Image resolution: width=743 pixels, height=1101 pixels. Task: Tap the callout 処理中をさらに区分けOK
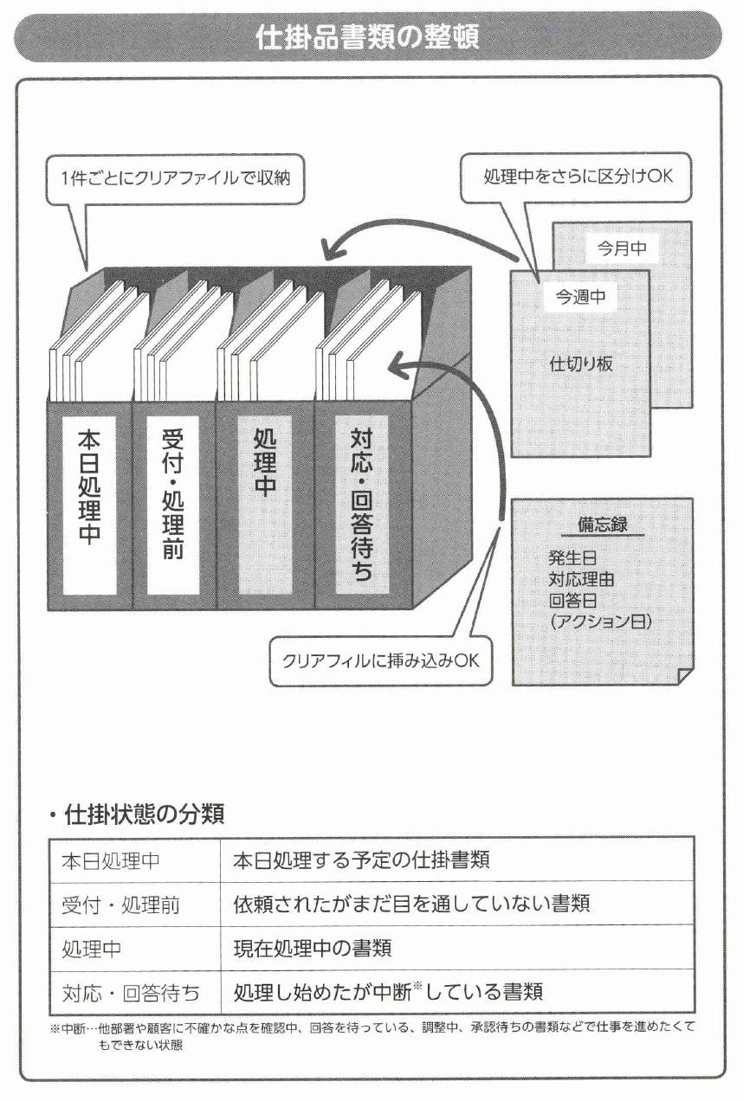(578, 178)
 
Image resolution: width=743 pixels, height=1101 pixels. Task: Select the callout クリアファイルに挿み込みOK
(380, 661)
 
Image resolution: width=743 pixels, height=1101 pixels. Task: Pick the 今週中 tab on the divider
(580, 298)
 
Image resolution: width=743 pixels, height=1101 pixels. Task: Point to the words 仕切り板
(581, 364)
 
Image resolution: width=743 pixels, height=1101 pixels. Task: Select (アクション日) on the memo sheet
(600, 621)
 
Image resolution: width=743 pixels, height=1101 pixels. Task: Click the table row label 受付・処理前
(121, 905)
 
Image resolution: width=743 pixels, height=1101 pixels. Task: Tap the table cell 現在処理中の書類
(313, 949)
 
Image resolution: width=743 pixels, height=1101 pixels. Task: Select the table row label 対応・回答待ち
(131, 992)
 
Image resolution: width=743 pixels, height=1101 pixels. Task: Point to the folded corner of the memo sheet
(682, 675)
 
